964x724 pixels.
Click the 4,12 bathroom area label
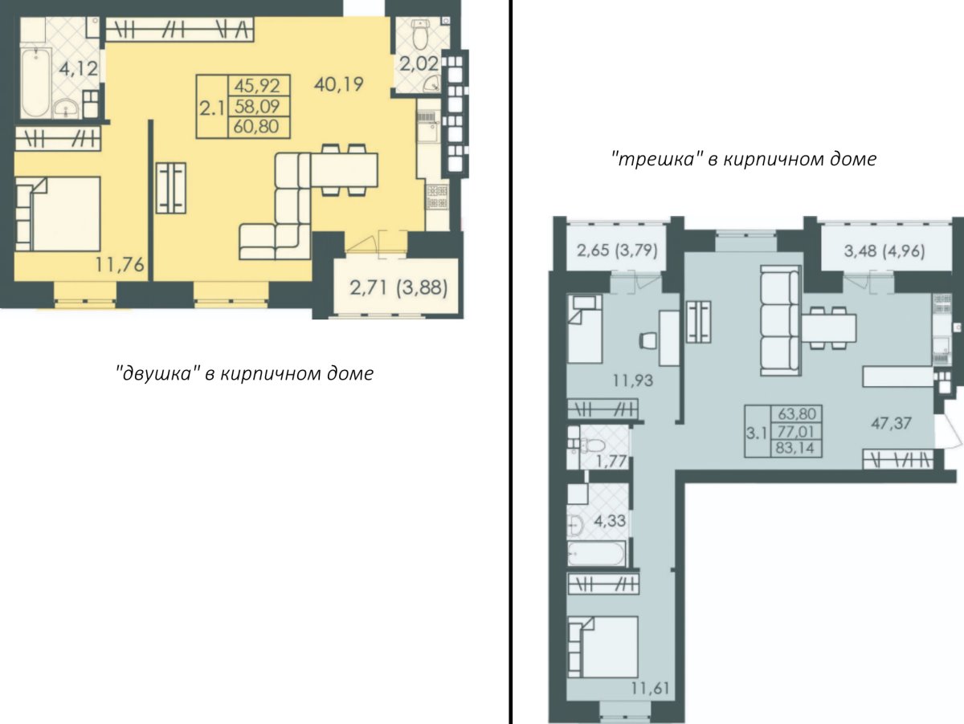click(78, 69)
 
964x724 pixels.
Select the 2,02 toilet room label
click(419, 64)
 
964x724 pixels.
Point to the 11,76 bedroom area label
click(120, 265)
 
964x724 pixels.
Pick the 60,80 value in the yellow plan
click(256, 127)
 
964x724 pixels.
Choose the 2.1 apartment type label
click(213, 108)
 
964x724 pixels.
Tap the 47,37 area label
click(891, 424)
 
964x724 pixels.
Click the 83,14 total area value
click(795, 449)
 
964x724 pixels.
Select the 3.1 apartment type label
click(757, 434)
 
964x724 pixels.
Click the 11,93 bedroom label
click(633, 380)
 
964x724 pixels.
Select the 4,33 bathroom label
click(610, 521)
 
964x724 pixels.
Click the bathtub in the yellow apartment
click(35, 83)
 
